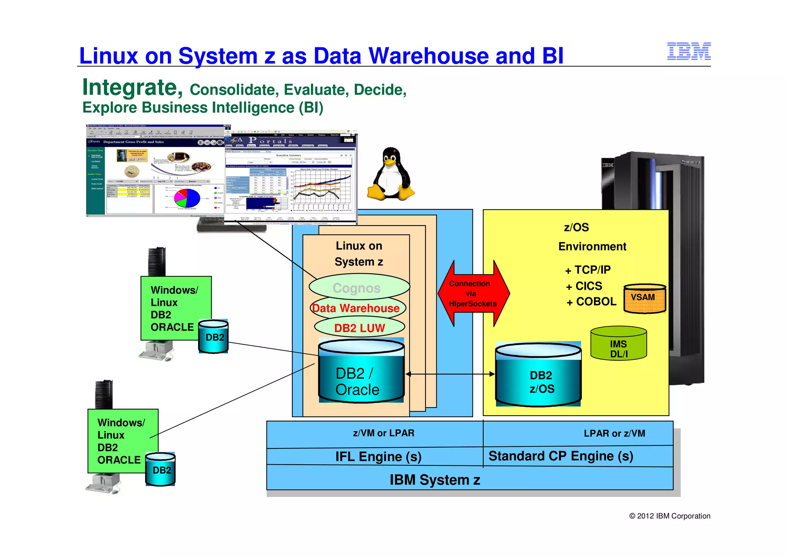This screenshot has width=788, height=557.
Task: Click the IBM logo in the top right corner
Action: [689, 51]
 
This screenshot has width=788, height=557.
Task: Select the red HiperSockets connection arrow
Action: [473, 293]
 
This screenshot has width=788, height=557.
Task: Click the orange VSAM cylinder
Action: [644, 299]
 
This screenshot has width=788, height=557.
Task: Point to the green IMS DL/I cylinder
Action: [618, 344]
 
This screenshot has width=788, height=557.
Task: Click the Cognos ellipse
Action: [357, 288]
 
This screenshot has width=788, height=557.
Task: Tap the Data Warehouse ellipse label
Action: [356, 308]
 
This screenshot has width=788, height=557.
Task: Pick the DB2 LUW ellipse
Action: [359, 328]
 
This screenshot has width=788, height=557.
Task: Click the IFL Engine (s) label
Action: [378, 457]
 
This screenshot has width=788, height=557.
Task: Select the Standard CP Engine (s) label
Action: [561, 456]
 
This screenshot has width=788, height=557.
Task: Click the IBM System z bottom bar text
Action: [435, 480]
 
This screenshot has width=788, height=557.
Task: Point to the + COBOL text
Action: [591, 302]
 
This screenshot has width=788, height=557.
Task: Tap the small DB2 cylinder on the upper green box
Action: [214, 336]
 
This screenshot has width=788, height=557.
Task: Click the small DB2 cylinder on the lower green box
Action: [160, 469]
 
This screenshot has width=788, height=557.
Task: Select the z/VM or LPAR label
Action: [384, 433]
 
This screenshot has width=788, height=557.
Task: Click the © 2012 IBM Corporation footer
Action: [669, 516]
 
